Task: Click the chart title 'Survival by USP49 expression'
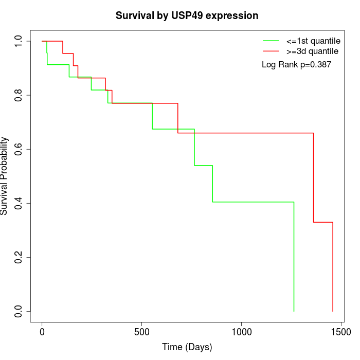[x=187, y=15]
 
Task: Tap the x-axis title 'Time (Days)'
[x=187, y=347]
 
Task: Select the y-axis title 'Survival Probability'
[x=5, y=176]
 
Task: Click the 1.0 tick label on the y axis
[x=19, y=41]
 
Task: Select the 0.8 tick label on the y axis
[x=19, y=95]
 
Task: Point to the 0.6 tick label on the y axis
[x=19, y=149]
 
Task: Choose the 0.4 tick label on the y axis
[x=19, y=203]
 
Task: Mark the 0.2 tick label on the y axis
[x=19, y=257]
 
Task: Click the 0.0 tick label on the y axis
[x=19, y=311]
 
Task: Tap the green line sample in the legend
[x=271, y=40]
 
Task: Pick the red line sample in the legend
[x=271, y=51]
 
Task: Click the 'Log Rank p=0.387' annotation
[x=296, y=65]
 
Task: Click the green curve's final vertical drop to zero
[x=294, y=257]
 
